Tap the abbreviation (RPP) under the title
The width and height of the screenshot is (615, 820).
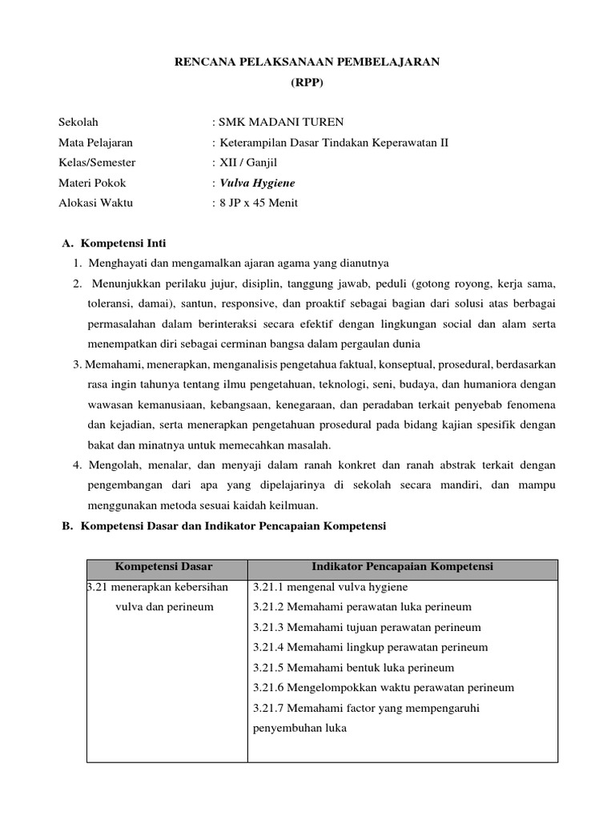pos(307,82)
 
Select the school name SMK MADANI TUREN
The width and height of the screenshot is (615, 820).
pos(281,123)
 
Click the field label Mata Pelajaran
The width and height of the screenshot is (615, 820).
pos(96,143)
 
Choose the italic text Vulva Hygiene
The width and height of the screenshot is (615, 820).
pos(257,183)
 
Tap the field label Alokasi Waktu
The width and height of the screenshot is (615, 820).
pos(96,203)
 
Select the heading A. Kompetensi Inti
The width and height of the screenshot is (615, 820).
pos(114,243)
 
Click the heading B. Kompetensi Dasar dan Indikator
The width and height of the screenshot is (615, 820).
pos(224,526)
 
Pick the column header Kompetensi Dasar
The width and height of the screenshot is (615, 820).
pos(166,567)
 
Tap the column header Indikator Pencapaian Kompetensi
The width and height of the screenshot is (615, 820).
pos(402,567)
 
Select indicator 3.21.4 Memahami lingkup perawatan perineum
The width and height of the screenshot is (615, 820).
pos(370,647)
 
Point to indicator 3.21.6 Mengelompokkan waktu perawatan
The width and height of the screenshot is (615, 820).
pos(383,687)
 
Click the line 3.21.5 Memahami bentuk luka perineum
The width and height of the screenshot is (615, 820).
pos(353,667)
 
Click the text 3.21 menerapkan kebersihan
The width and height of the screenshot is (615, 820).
pos(158,587)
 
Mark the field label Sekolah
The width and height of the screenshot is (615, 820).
pos(78,123)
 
